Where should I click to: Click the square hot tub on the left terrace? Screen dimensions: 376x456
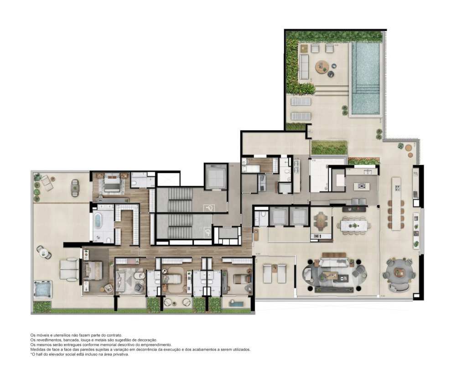(42, 289)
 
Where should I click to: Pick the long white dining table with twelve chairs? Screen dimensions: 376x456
(355, 225)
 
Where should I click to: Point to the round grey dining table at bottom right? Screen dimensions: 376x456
(399, 273)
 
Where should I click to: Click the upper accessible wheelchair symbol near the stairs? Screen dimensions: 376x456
(210, 208)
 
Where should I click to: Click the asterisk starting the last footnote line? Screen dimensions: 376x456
(31, 354)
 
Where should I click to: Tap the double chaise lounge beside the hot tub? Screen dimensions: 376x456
(70, 269)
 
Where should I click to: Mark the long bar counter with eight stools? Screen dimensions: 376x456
(396, 203)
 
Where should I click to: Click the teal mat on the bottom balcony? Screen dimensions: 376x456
(238, 303)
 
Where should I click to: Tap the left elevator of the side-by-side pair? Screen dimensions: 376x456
(277, 216)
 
